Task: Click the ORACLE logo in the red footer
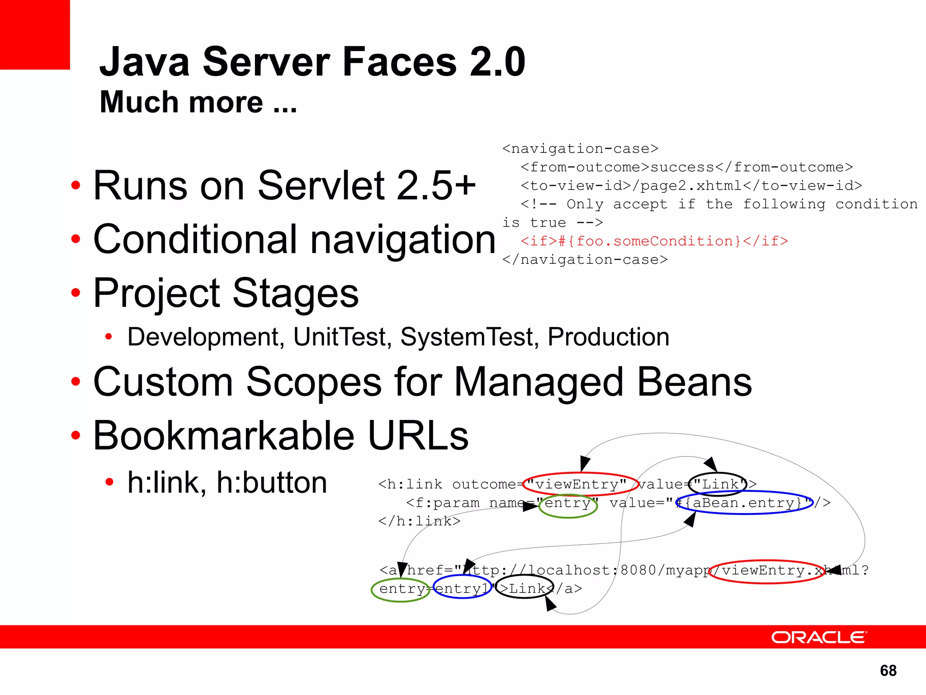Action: point(819,637)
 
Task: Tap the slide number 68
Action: point(888,671)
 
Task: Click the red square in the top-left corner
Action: point(34,34)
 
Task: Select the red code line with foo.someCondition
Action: point(654,241)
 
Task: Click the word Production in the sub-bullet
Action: point(608,337)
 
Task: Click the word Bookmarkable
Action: point(224,435)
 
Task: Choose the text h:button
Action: point(272,482)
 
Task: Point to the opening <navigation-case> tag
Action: point(580,149)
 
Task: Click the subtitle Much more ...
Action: point(198,102)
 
